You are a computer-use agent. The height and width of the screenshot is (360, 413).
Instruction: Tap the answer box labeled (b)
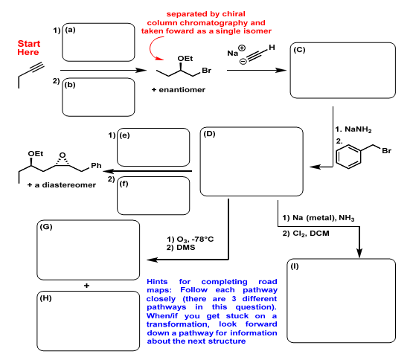[97, 98]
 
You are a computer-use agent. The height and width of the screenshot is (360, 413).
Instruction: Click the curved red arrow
[159, 50]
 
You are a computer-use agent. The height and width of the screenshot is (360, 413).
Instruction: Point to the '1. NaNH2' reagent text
[354, 129]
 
